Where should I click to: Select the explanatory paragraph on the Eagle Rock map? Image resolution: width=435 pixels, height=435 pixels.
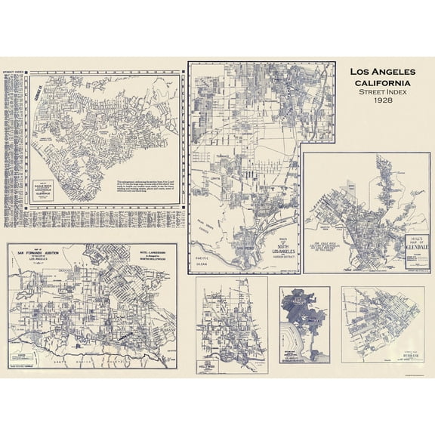tap(146, 190)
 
